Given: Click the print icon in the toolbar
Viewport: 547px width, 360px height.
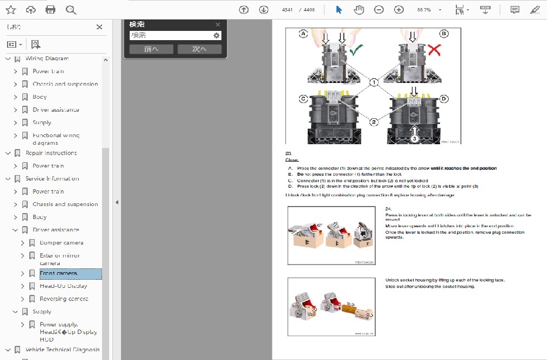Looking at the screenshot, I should [x=50, y=10].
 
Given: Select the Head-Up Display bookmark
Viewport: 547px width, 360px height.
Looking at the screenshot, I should [x=63, y=286].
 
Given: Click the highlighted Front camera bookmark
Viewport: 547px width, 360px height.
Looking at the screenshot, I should [x=59, y=273].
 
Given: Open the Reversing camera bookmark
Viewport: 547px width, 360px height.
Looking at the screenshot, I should [x=63, y=299].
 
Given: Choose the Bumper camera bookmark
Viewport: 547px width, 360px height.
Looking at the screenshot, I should [x=61, y=243].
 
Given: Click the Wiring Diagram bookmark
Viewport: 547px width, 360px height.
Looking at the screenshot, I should [x=47, y=59].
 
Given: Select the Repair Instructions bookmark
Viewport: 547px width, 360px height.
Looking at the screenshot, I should [x=51, y=153].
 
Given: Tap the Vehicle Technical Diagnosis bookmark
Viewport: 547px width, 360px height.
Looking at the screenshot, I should [x=62, y=350].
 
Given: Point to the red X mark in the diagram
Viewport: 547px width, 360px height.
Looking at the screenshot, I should [x=434, y=50].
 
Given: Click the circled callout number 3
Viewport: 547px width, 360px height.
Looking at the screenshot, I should [x=414, y=139].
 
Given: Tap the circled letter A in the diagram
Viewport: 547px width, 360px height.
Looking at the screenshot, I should [x=304, y=34].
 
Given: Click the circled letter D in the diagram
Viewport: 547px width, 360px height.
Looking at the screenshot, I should [x=444, y=99].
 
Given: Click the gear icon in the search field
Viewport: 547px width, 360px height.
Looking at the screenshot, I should [x=217, y=35].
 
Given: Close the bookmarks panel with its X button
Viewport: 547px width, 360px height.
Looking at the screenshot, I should [x=99, y=27].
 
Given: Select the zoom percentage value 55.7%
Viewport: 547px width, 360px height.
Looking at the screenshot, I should [x=424, y=10].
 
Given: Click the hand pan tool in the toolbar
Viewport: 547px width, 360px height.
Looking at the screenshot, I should [x=359, y=10].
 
